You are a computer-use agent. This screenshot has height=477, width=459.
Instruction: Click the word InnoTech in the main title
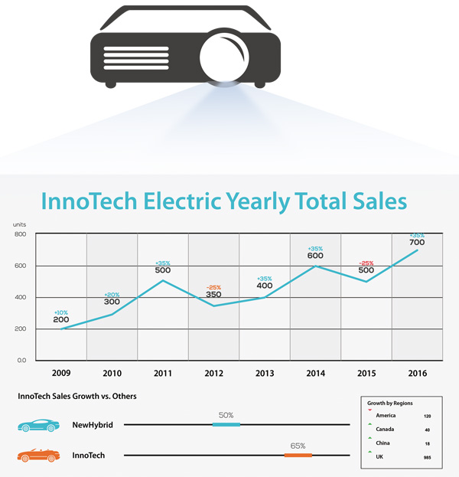point(91,201)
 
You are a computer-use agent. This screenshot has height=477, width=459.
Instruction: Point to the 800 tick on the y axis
point(20,234)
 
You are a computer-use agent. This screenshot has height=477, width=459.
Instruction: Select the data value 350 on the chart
point(213,294)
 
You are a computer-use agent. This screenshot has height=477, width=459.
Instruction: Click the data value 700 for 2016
point(417,243)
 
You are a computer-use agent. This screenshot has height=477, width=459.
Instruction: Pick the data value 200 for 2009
point(61,319)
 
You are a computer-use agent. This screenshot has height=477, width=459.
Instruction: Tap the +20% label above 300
point(112,294)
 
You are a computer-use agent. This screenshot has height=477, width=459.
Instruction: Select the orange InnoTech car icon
point(35,456)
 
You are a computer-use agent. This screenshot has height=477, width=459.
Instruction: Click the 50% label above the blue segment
point(226,415)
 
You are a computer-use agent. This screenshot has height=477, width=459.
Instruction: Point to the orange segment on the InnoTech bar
point(298,456)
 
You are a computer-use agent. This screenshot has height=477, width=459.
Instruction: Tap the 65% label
point(298,446)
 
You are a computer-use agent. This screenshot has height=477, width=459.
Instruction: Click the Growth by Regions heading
point(392,402)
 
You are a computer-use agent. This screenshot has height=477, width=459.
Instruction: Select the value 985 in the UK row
point(427,457)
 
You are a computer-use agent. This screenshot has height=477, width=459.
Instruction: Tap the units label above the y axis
point(20,224)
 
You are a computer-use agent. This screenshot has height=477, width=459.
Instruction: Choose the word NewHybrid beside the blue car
point(93,424)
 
